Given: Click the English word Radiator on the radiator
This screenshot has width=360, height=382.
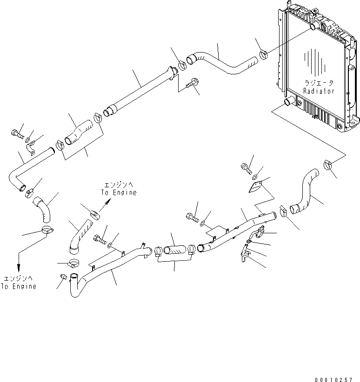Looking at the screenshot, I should pyautogui.click(x=319, y=92).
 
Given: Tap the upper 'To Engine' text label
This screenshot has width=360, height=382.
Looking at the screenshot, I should pyautogui.click(x=119, y=193).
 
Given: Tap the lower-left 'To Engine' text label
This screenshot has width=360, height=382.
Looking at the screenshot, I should pyautogui.click(x=18, y=287).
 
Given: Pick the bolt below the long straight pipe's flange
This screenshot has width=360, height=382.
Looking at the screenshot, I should pyautogui.click(x=191, y=85).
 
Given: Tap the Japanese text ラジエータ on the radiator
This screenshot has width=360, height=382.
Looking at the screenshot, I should pyautogui.click(x=319, y=83).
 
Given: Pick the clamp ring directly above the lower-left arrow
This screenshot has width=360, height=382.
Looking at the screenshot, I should pyautogui.click(x=47, y=230).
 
